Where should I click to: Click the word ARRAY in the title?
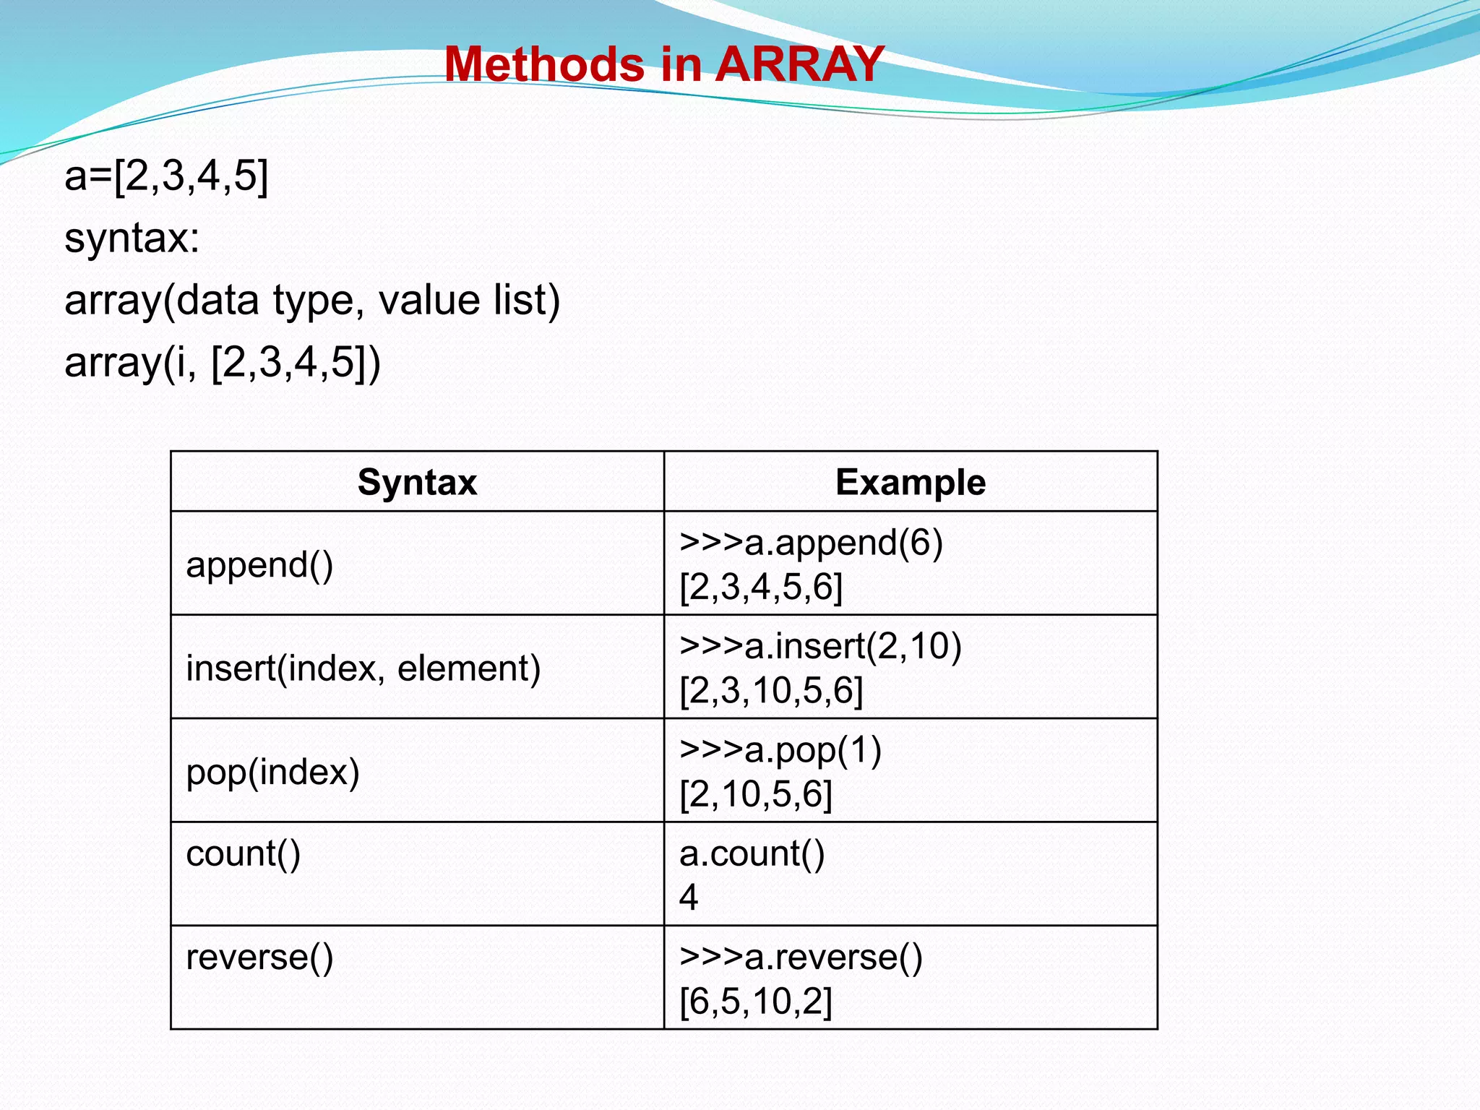(x=799, y=64)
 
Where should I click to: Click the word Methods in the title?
(x=543, y=64)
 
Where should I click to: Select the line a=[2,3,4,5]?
(x=166, y=176)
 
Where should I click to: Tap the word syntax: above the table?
(x=132, y=238)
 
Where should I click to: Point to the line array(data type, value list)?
(x=312, y=300)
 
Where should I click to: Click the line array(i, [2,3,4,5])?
(x=223, y=362)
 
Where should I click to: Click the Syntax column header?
(x=417, y=482)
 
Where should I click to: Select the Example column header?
(x=910, y=482)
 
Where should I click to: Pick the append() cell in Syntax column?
(x=259, y=564)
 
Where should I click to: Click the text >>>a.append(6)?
(x=811, y=542)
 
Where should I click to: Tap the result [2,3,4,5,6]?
(x=761, y=586)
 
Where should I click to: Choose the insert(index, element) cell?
(x=363, y=668)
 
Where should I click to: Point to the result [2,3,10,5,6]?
(x=771, y=690)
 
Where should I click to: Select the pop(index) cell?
(x=272, y=772)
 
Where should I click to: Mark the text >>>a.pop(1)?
(x=780, y=749)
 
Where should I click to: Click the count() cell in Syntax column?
(x=243, y=853)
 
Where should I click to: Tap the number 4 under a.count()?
(x=688, y=898)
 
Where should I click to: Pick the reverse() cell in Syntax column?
(x=259, y=957)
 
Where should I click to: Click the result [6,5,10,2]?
(x=756, y=1002)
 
